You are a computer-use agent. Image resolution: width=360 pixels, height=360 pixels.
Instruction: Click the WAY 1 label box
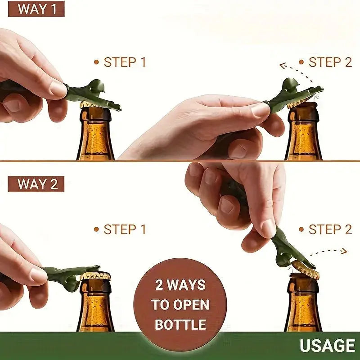tap(36, 9)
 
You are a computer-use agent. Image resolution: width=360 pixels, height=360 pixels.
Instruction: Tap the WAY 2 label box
tap(36, 184)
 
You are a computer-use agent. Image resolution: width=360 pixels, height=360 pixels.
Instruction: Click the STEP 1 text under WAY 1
tap(125, 62)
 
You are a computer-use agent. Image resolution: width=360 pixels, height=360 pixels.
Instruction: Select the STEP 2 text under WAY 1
tap(330, 62)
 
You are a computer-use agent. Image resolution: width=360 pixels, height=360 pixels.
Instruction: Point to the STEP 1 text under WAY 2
tap(125, 229)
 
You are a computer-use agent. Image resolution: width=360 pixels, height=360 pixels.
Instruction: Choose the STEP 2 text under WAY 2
tap(330, 229)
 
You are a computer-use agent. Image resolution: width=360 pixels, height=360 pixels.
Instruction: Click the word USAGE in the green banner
tap(328, 346)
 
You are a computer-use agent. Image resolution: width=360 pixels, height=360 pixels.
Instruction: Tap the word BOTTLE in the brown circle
tap(180, 324)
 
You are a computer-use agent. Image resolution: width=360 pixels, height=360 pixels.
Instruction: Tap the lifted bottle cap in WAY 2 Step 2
tap(306, 269)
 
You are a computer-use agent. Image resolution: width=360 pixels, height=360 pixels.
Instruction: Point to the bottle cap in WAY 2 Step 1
tap(95, 276)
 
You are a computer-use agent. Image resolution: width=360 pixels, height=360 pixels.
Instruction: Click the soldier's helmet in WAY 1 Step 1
tap(96, 85)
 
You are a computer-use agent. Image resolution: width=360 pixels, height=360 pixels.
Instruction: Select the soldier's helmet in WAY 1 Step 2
tap(290, 84)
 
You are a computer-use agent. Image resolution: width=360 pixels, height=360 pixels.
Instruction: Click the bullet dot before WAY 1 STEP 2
tap(301, 62)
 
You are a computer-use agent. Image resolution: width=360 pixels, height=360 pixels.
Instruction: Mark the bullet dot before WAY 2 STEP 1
tap(96, 229)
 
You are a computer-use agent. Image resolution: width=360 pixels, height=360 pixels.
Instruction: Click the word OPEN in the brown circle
tap(191, 305)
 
